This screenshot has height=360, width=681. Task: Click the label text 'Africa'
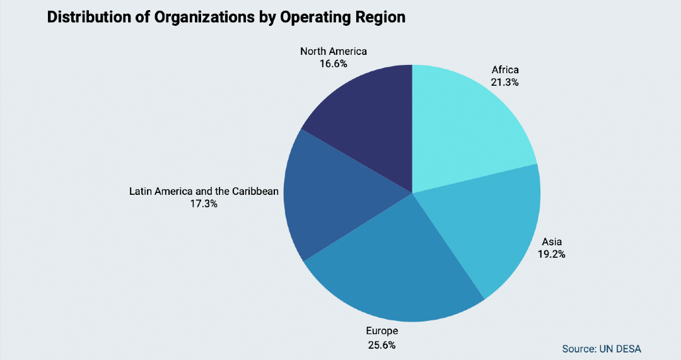(x=504, y=70)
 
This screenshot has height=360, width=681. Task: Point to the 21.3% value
(x=504, y=82)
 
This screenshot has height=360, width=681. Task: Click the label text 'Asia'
(x=552, y=241)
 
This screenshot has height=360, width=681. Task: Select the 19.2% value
(x=552, y=254)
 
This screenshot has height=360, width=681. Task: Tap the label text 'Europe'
(x=382, y=330)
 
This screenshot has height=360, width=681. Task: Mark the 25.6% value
(x=382, y=344)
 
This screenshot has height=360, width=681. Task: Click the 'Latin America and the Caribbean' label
(x=204, y=190)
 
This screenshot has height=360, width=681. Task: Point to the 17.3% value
(x=204, y=204)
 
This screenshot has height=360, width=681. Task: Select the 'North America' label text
(x=333, y=51)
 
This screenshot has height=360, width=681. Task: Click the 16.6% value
(x=333, y=64)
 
